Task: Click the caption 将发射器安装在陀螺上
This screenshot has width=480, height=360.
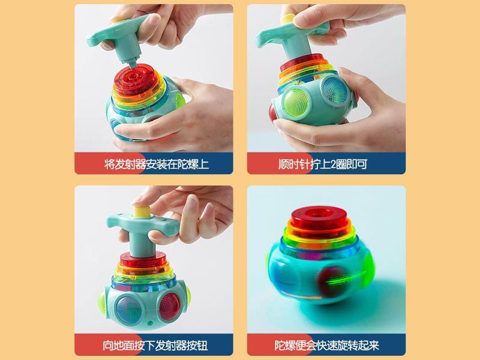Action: [157, 164]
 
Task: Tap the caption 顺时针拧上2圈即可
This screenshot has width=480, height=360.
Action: [323, 164]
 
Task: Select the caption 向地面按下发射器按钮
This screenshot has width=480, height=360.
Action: [155, 346]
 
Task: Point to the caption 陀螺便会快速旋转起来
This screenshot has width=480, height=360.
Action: [326, 346]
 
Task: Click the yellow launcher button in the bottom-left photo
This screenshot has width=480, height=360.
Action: [142, 212]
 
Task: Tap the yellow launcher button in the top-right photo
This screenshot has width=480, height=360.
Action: [288, 19]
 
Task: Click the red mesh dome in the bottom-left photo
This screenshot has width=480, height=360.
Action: [169, 307]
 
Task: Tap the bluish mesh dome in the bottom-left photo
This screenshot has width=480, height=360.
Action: [129, 310]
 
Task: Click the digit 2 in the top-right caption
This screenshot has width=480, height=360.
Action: [333, 164]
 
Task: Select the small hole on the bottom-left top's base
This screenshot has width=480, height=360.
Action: [149, 323]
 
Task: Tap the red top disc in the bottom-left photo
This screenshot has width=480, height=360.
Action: [143, 260]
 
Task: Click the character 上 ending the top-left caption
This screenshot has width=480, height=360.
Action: [203, 164]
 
